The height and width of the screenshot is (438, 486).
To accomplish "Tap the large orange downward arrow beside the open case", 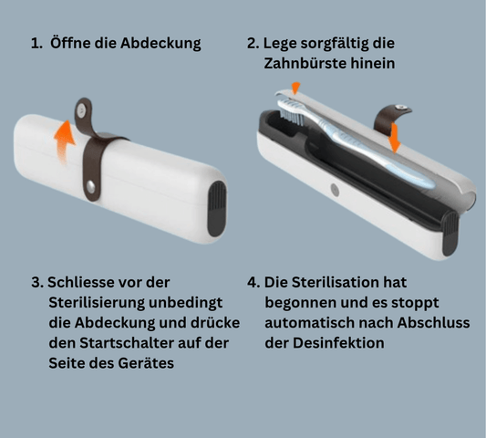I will click(x=394, y=139).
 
